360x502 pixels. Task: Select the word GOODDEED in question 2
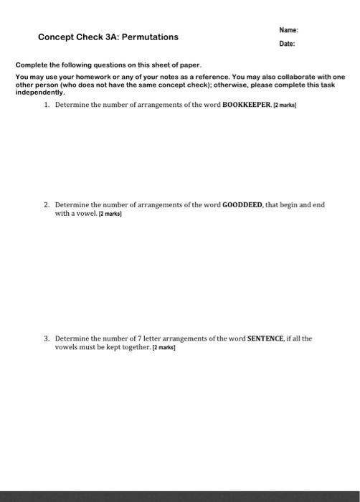tap(242, 204)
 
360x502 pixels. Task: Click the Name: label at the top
tap(288, 30)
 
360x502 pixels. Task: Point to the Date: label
tap(287, 44)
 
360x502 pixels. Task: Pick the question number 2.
tap(47, 204)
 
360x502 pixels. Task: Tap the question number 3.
tap(47, 338)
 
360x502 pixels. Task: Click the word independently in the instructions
tap(39, 93)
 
